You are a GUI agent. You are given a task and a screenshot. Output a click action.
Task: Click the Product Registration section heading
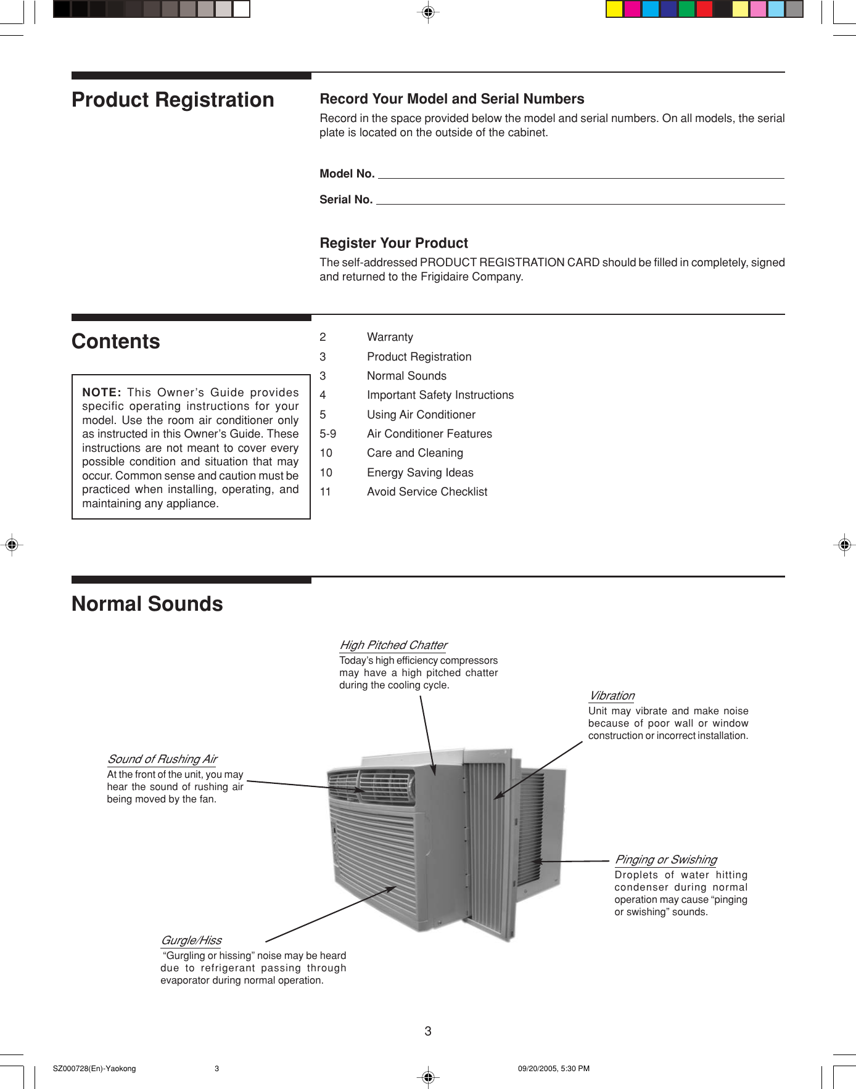click(x=173, y=100)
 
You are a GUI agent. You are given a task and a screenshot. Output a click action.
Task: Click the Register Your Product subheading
click(x=393, y=243)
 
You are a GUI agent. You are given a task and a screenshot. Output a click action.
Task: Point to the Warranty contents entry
click(x=390, y=337)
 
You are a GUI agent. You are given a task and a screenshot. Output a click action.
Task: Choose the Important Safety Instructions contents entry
click(x=440, y=395)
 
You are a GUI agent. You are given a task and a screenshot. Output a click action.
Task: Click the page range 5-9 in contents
click(x=327, y=434)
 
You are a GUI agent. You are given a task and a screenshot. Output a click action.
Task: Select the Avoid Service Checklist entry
click(x=427, y=492)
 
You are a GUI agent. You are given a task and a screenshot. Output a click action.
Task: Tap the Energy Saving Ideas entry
click(x=420, y=473)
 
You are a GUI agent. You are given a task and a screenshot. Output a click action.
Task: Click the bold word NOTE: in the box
click(x=102, y=393)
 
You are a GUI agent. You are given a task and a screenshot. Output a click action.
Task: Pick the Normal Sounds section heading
click(x=147, y=604)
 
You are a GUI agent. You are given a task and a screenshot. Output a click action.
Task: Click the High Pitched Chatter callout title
click(x=393, y=645)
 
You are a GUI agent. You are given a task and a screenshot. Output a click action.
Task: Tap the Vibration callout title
click(x=612, y=696)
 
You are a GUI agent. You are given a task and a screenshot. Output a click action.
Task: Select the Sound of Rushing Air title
click(x=162, y=759)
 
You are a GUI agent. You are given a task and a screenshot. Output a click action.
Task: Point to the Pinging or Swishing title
click(x=665, y=860)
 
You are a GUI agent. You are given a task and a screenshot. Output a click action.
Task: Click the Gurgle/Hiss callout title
click(x=191, y=940)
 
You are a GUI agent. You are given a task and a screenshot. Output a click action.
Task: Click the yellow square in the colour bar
click(x=614, y=9)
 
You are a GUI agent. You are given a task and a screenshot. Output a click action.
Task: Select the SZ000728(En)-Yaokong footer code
click(x=94, y=1069)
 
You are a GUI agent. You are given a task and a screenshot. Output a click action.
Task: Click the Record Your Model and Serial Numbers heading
click(x=451, y=99)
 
